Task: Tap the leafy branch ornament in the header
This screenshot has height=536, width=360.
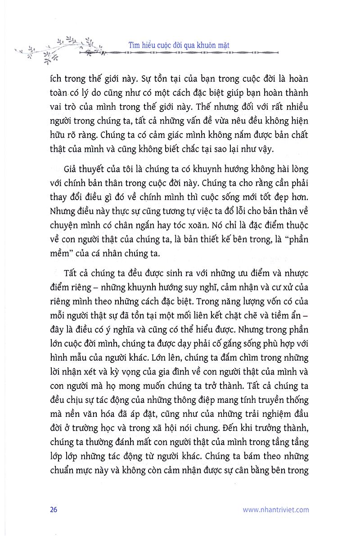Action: pos(58,47)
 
